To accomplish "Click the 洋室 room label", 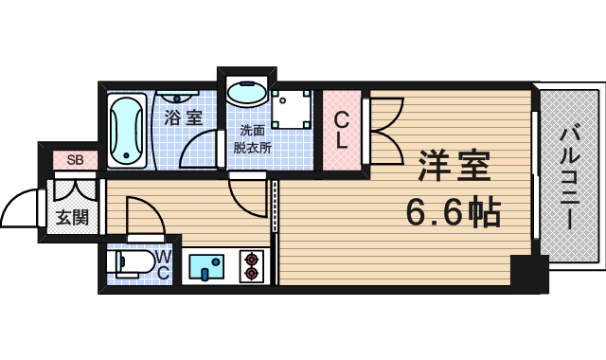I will click(454, 168).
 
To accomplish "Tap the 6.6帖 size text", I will click(454, 213).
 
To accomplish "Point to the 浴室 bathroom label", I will click(184, 117).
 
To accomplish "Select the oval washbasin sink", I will click(246, 96).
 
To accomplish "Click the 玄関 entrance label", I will click(72, 217).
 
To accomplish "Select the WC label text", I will click(163, 265).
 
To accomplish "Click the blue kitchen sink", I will click(206, 266).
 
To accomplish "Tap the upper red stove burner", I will click(253, 258).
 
